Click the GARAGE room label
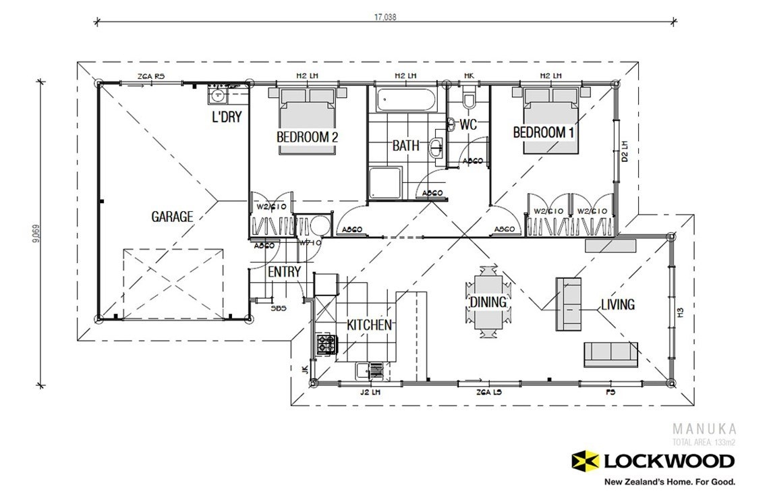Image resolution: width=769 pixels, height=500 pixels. [x=172, y=217]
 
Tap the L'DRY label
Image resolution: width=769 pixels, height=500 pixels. [x=227, y=117]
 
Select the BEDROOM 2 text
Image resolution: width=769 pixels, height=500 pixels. [x=307, y=137]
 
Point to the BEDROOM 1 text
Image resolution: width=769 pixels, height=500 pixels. [x=544, y=132]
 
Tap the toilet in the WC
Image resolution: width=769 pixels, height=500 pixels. [x=470, y=99]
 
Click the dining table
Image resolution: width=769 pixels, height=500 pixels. [x=488, y=302]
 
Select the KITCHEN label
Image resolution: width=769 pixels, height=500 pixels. [x=369, y=325]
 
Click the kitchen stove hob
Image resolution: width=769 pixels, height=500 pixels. [x=325, y=345]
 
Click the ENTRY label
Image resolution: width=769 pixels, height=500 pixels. [x=284, y=272]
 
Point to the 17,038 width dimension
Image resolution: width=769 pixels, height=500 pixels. [x=385, y=18]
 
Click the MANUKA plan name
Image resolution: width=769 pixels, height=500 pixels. [x=704, y=428]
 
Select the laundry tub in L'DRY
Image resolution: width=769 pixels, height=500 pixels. [x=219, y=95]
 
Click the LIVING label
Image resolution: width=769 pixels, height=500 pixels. [x=618, y=304]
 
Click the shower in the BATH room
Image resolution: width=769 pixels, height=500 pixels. [x=385, y=184]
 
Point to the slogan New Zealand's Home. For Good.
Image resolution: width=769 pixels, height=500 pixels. [x=668, y=482]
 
